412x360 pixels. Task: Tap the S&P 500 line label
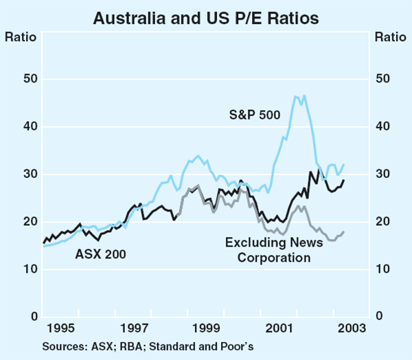click(x=255, y=115)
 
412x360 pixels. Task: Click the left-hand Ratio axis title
click(x=19, y=36)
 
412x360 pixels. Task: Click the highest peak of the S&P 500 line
click(x=304, y=95)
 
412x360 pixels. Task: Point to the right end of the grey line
click(x=343, y=232)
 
